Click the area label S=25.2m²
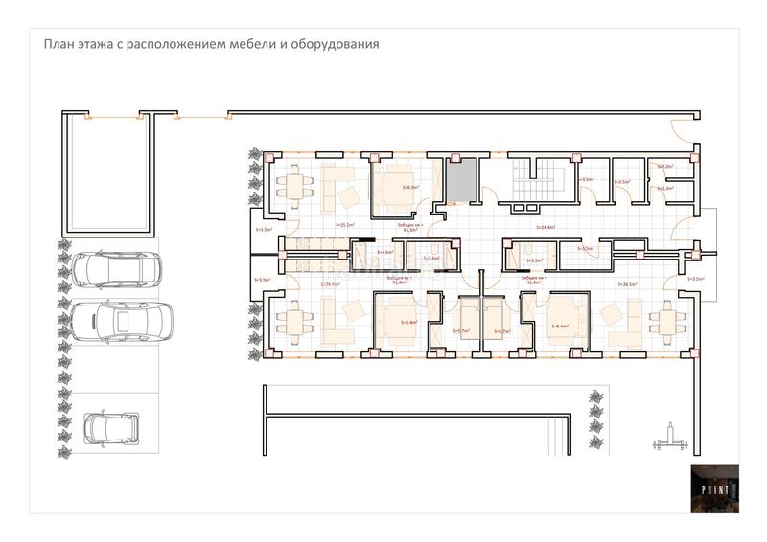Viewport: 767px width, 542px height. (x=345, y=226)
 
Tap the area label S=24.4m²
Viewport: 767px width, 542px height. (x=547, y=227)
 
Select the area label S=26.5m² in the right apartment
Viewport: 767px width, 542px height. (x=628, y=284)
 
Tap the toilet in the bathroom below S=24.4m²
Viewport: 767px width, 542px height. (x=528, y=252)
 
